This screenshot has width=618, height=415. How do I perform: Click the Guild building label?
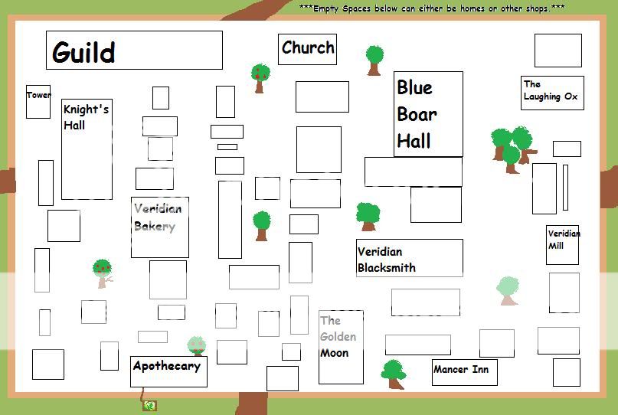pos(84,53)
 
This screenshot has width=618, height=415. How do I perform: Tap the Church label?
pos(308,47)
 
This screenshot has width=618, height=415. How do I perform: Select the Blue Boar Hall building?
pos(428,113)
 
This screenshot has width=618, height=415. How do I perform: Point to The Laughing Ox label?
pos(551,91)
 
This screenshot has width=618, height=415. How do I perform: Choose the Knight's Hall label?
pos(86,116)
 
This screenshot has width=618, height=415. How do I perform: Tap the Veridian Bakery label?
pos(159,217)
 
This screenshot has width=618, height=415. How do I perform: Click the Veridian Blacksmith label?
pos(387,260)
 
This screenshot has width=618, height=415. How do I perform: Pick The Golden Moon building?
pos(341,347)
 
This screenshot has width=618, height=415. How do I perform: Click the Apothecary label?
pos(167,366)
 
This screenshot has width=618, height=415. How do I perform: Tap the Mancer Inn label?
pos(461,370)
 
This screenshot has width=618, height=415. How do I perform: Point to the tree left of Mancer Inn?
pos(394,374)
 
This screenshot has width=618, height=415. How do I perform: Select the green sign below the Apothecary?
pos(149,406)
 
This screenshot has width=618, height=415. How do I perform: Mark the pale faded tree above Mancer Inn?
pos(508,290)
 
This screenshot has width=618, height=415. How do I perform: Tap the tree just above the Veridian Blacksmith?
pos(368,215)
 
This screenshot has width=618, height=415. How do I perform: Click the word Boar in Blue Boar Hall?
pos(417,114)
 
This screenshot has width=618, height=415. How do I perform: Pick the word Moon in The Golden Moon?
pos(335,353)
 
